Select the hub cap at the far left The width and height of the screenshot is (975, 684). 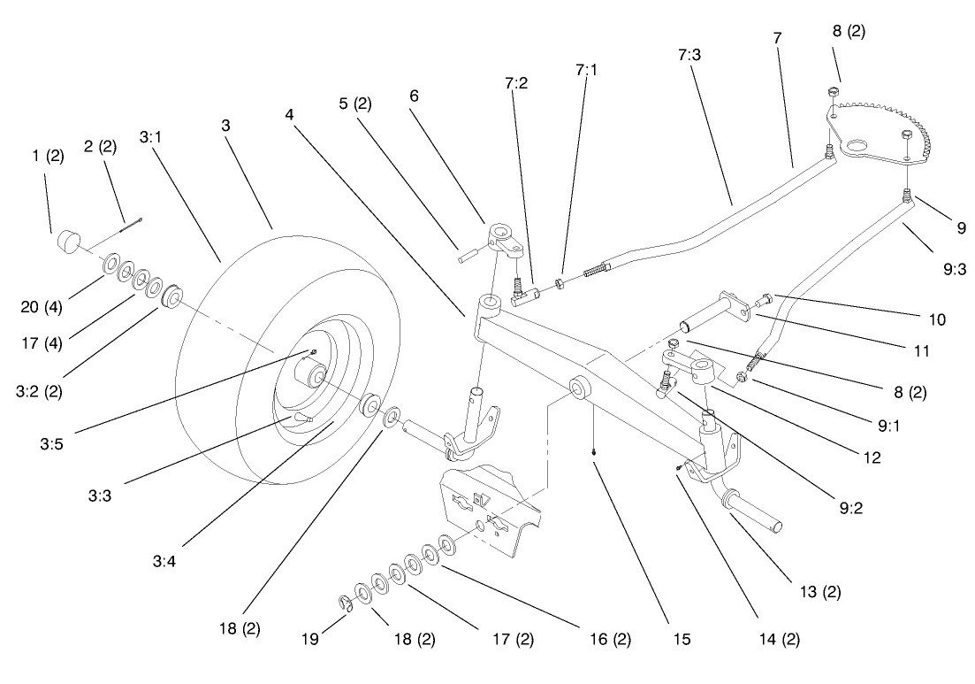68,241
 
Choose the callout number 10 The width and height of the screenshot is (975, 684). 934,319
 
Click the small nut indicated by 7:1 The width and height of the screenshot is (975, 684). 560,283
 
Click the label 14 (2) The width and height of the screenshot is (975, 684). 778,637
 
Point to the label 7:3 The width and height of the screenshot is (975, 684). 689,55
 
